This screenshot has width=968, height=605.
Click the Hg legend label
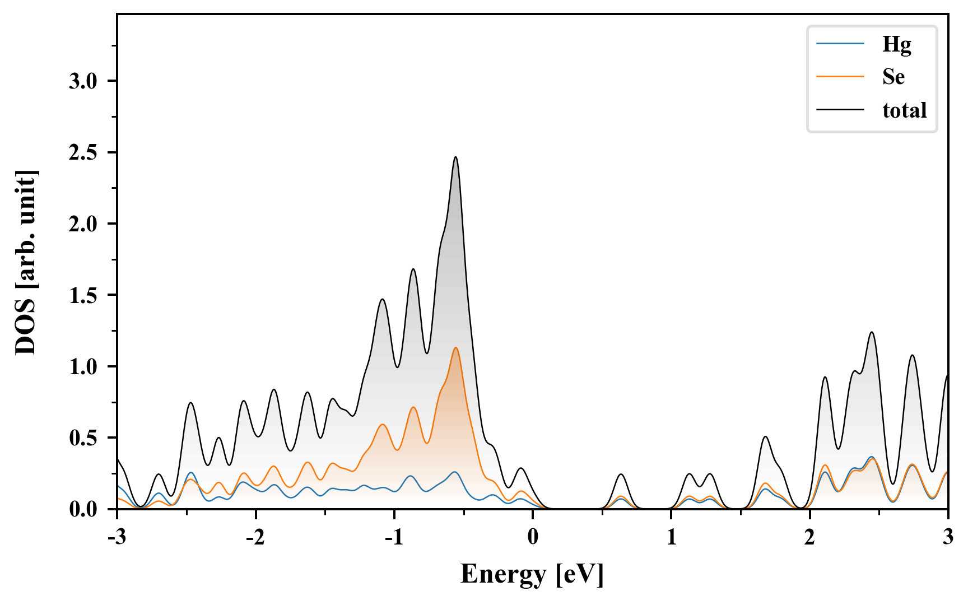896,44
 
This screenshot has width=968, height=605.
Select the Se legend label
893,77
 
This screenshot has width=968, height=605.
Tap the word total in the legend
904,110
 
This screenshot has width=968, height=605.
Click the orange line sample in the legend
840,76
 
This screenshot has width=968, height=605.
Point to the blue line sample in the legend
840,44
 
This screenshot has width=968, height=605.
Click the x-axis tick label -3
117,537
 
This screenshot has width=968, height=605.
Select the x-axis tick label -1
393,537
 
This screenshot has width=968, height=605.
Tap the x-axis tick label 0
533,537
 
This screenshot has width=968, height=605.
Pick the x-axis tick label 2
809,537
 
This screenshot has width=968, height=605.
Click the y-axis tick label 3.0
83,81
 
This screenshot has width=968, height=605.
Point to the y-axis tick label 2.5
83,152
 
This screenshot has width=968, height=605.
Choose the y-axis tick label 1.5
83,295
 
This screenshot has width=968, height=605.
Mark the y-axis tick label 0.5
83,438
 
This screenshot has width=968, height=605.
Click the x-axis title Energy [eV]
532,574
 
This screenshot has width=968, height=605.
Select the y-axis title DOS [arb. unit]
26,262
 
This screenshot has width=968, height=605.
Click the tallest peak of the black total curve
455,157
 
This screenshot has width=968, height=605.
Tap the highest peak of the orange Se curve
456,348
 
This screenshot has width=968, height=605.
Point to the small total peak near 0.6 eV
621,474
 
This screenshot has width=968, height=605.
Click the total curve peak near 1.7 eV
765,436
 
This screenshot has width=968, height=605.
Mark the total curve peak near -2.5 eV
191,403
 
